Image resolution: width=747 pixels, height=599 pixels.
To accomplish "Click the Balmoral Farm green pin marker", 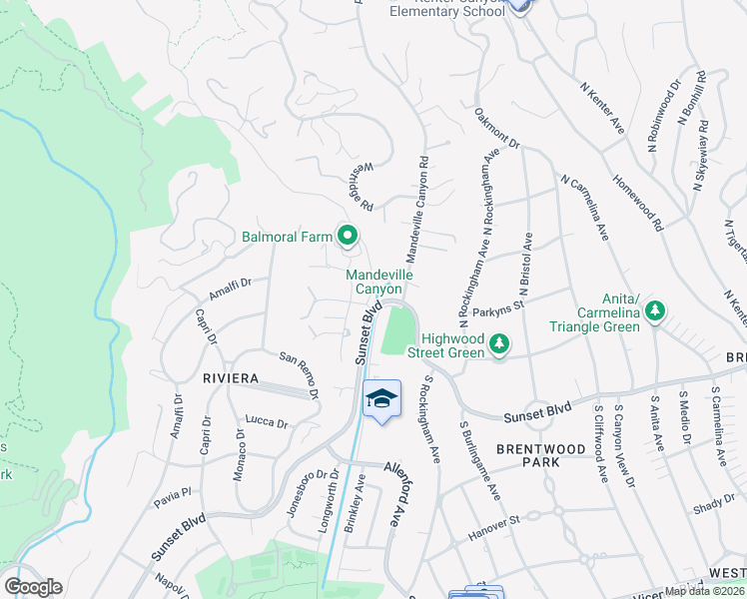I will [348, 237].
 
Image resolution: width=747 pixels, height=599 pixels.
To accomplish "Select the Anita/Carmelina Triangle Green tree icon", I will [655, 310].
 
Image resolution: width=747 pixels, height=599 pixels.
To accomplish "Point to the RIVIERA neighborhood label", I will [231, 379].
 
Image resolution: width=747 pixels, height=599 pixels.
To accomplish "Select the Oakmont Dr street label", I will [497, 128].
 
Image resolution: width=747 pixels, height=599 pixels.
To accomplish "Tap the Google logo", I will [33, 587].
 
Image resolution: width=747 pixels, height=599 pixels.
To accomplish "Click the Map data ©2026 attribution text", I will [705, 591].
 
